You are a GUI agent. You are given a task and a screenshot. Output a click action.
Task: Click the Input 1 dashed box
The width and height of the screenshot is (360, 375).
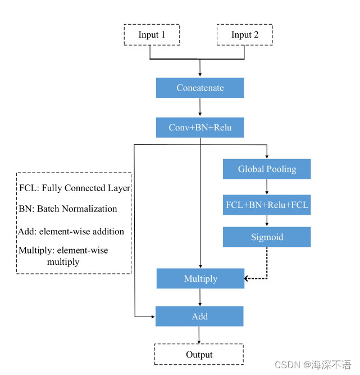tap(152, 35)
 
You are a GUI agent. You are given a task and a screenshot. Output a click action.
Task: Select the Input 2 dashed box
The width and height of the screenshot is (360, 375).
tap(244, 35)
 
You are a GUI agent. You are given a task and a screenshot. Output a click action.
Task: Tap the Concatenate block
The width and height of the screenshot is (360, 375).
tap(200, 88)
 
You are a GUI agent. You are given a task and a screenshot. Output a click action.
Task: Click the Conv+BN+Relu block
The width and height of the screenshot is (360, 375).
tap(200, 128)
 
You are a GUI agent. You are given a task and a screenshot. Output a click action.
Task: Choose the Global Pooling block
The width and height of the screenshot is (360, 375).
tap(267, 169)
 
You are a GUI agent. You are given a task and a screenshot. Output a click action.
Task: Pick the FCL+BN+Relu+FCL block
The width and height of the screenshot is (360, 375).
tap(267, 205)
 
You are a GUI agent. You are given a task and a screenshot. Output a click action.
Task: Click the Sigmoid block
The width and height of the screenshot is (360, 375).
tap(267, 237)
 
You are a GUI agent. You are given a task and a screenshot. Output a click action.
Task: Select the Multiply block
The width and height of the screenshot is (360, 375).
tap(200, 279)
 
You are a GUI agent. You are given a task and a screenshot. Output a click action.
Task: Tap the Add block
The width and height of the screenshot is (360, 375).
tap(199, 317)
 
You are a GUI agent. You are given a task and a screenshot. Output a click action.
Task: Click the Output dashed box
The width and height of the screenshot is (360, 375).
tap(199, 354)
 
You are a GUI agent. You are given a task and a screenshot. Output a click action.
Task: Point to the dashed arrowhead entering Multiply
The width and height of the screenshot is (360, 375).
tap(247, 278)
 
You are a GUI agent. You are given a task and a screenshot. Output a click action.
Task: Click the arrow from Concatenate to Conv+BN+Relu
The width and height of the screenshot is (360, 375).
tap(200, 107)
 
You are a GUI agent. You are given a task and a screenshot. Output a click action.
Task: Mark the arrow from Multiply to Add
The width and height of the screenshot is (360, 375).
tap(200, 297)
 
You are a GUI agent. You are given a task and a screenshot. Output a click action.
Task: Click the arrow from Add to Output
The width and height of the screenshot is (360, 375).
tap(199, 335)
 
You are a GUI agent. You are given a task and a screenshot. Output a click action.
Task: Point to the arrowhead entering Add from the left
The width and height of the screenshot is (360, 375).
tap(152, 317)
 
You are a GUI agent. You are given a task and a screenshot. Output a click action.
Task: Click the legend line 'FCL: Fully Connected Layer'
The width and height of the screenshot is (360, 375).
tap(75, 188)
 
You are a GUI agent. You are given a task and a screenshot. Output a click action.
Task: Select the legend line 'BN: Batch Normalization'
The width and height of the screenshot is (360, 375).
tap(68, 209)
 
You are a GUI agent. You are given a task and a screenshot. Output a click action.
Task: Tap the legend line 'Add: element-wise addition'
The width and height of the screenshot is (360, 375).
tap(71, 231)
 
